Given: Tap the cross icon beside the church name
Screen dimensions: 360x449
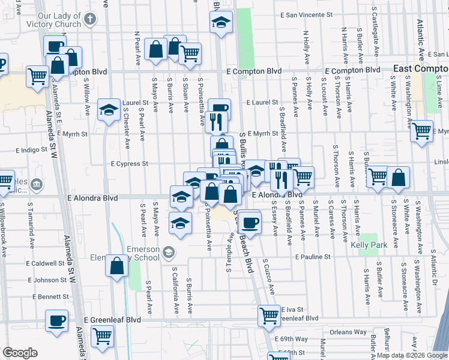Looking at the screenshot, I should (90, 19).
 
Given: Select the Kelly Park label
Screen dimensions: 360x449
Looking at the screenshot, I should (368, 245).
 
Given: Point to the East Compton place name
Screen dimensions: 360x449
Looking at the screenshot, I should (421, 69).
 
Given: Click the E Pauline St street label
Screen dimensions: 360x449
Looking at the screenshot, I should (313, 257).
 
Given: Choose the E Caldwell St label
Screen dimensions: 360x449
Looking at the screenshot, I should (44, 263).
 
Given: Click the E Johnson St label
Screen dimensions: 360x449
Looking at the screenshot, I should (46, 280).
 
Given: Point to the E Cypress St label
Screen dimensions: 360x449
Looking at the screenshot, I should (129, 163).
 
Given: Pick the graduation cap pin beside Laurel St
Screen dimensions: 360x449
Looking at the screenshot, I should (109, 110).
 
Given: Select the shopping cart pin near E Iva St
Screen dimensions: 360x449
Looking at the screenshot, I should (269, 314).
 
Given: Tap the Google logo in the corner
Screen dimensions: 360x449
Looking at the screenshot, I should (20, 353).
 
